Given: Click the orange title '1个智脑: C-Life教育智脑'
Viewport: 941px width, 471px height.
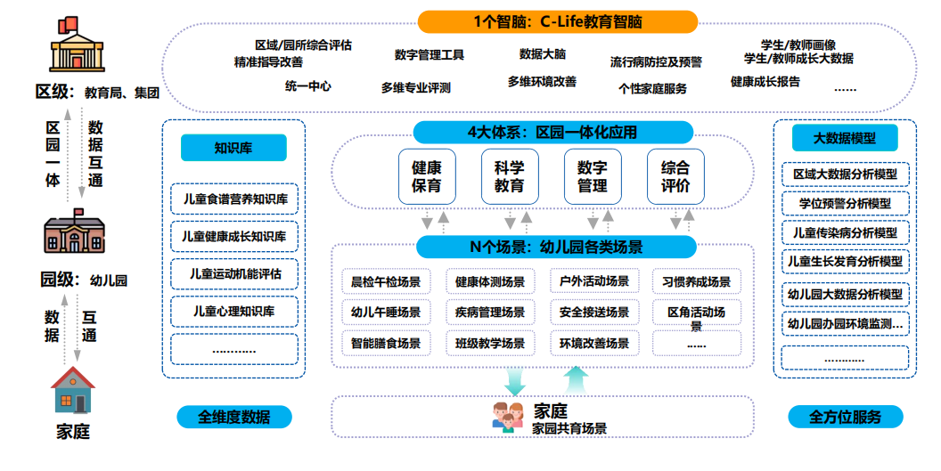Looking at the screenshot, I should point(558,21).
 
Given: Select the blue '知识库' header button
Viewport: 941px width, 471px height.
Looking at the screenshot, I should point(233,148).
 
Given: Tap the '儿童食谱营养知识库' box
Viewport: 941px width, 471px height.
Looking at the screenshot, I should point(233,199).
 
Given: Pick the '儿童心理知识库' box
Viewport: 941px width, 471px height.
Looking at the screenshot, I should point(233,312).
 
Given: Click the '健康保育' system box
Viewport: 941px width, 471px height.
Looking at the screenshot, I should point(427,176).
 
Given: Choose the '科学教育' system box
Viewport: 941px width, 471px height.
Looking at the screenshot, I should point(510,176).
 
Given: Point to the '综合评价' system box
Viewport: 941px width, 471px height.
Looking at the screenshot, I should point(675,176).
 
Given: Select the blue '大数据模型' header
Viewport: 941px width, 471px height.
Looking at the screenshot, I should point(844,138).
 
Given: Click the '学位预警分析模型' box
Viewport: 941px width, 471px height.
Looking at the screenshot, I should point(845,204).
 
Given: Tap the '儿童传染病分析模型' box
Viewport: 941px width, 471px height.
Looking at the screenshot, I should point(845,233).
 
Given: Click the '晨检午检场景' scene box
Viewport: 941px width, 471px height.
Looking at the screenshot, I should point(386,282).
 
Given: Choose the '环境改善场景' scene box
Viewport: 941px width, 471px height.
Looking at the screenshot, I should point(594,343).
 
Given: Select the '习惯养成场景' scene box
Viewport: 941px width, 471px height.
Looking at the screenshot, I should point(696,282).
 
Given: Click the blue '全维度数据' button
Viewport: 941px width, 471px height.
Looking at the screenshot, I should point(233,417).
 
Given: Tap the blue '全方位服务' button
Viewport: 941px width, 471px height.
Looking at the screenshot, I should point(845,417).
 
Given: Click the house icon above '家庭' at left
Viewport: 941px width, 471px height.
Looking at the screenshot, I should point(73,390).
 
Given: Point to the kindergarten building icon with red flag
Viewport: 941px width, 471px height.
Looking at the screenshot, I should point(75,232).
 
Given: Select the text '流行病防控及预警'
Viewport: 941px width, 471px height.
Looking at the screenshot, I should point(656,62).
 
